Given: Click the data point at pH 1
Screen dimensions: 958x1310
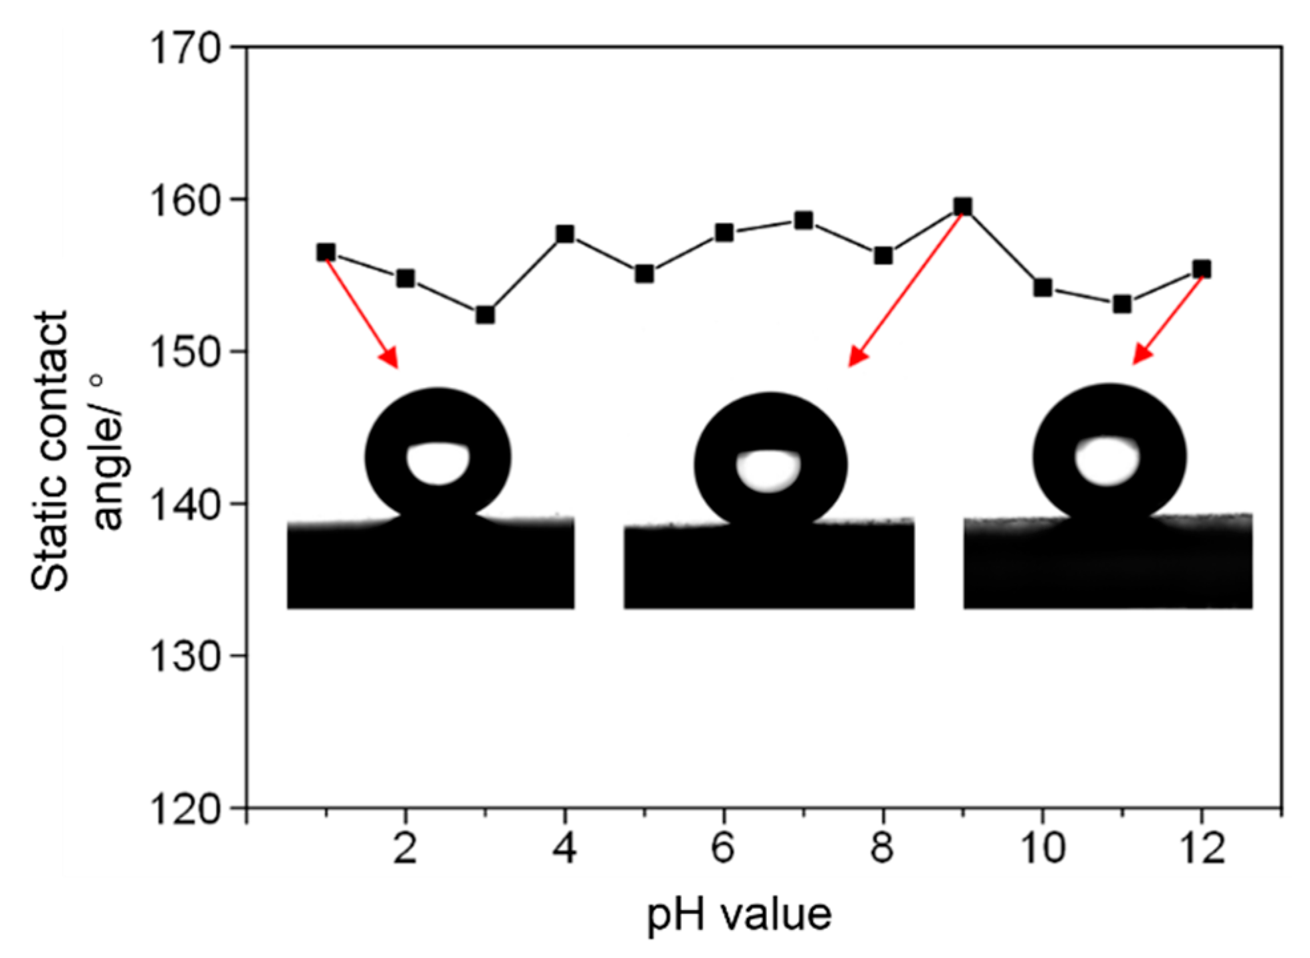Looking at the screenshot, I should pyautogui.click(x=326, y=252).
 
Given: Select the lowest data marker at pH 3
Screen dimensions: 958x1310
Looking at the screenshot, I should pyautogui.click(x=485, y=314).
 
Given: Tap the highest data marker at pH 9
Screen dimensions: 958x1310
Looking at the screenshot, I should pyautogui.click(x=962, y=206).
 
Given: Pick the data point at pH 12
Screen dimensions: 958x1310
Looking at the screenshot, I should pyautogui.click(x=1202, y=269).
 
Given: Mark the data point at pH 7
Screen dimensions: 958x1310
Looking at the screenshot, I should pyautogui.click(x=804, y=220).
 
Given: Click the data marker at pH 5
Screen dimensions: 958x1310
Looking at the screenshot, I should pyautogui.click(x=644, y=274).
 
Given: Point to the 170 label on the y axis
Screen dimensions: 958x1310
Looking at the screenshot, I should pyautogui.click(x=184, y=48).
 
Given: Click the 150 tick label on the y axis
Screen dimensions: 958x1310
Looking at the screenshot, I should pyautogui.click(x=184, y=352).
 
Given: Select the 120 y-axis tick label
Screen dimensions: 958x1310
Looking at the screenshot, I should pyautogui.click(x=184, y=809).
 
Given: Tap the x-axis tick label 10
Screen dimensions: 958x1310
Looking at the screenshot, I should pyautogui.click(x=1042, y=848).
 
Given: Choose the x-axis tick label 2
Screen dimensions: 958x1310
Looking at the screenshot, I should pyautogui.click(x=405, y=848).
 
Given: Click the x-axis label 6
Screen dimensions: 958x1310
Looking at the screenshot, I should pyautogui.click(x=723, y=848).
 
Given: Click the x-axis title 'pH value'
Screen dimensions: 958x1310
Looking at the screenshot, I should pyautogui.click(x=739, y=915).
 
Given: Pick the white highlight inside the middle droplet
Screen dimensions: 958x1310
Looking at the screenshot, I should pyautogui.click(x=768, y=470).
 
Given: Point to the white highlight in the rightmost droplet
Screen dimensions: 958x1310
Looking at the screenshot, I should pyautogui.click(x=1107, y=460).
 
